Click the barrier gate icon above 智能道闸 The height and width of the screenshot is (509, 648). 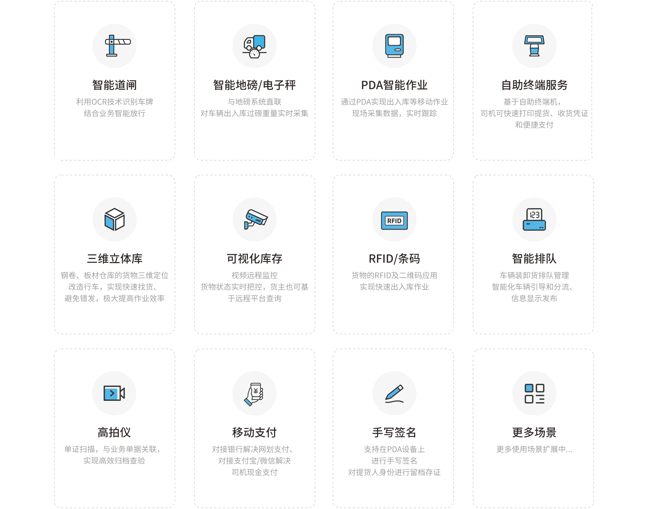[114, 46]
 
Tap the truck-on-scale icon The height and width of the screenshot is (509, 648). [254, 46]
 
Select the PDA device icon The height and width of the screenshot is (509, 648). [394, 46]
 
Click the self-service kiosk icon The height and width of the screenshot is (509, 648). [534, 46]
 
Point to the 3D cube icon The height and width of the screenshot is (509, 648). [114, 219]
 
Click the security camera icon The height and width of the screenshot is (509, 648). [254, 219]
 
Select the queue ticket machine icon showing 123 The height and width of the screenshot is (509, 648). [534, 219]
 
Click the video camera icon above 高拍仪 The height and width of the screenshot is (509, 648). [114, 393]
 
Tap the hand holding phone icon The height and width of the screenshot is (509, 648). [254, 393]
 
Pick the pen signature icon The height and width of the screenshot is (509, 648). [394, 393]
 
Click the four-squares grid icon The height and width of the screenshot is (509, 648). [534, 393]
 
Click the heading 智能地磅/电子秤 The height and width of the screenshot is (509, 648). [254, 85]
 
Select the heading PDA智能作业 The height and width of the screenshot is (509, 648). [394, 85]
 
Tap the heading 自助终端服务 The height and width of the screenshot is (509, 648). [534, 85]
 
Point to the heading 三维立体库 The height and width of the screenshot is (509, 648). [114, 259]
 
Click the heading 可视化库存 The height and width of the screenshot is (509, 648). [254, 259]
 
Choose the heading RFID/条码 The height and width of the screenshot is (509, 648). [394, 259]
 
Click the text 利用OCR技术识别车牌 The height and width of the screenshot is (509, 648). [114, 102]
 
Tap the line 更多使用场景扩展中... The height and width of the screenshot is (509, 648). [534, 449]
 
